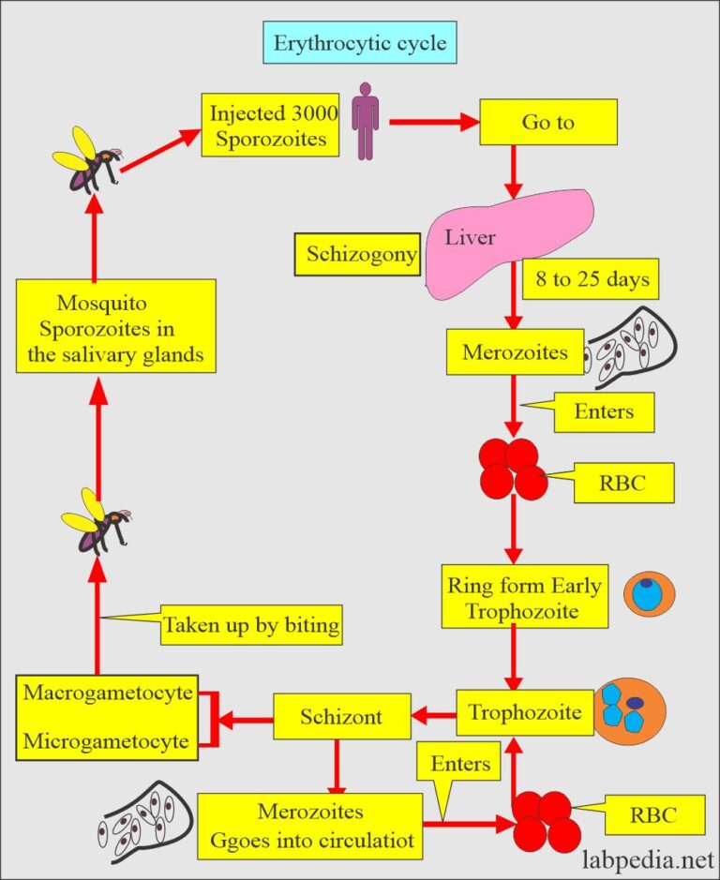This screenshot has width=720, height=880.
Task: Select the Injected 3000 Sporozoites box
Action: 273,126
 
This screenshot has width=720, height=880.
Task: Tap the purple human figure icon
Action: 364,120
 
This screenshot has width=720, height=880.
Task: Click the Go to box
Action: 547,123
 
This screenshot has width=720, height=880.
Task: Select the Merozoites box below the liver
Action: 516,352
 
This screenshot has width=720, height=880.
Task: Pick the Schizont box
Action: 341,718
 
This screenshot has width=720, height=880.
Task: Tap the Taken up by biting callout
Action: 250,625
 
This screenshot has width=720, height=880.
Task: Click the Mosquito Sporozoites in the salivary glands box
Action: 117,330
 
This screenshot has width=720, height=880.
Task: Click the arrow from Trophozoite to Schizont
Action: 433,718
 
